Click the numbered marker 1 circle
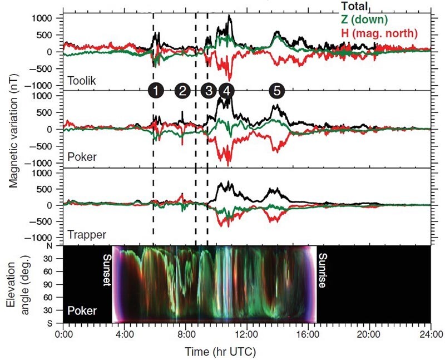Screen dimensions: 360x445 156,91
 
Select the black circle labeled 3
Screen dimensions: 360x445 209,91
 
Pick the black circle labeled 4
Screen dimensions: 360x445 226,91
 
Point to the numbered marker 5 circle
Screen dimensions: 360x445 276,91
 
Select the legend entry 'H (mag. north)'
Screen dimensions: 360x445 379,34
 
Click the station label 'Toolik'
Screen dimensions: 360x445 82,81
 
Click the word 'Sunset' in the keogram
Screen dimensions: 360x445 107,271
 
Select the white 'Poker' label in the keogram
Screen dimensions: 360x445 82,310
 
